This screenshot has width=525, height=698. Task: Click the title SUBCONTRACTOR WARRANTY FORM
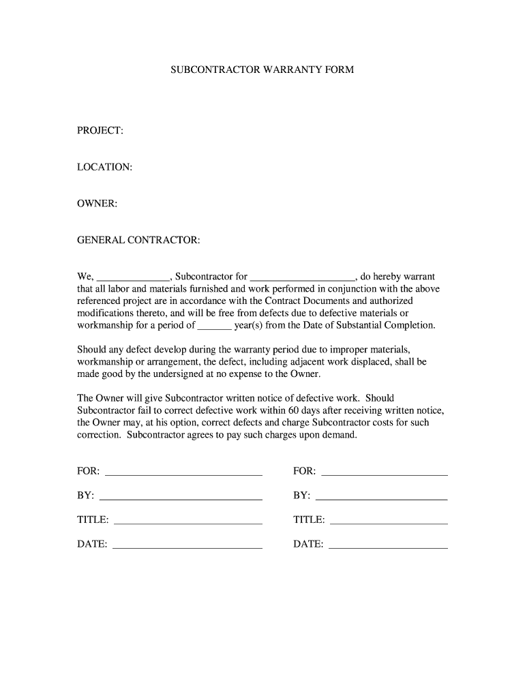262,70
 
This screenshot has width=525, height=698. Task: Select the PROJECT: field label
100,130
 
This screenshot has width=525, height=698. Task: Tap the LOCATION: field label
104,167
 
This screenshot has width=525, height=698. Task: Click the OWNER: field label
97,204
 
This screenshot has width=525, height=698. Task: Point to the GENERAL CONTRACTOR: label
138,241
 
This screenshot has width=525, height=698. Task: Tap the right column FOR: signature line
384,472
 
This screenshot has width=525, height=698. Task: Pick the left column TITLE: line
187,521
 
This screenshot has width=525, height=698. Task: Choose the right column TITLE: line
388,521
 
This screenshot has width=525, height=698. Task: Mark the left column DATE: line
187,545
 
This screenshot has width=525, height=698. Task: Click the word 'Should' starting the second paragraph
92,350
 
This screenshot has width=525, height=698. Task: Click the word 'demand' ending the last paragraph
338,435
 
